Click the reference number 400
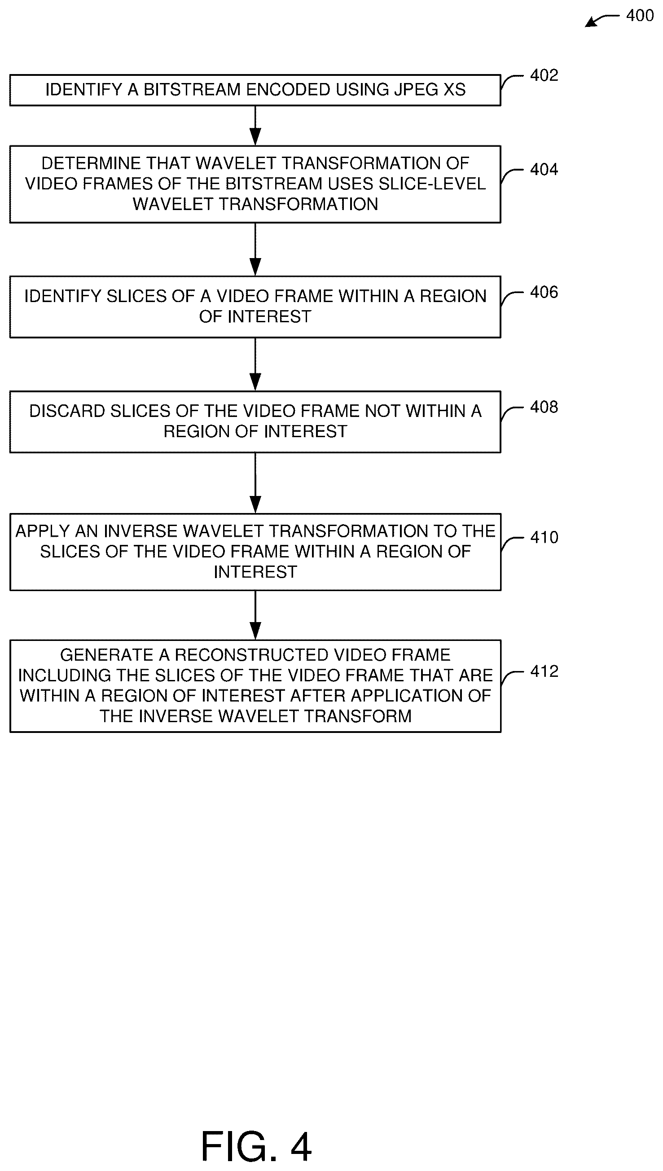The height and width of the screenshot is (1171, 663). [x=640, y=16]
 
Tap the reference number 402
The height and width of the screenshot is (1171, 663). [x=544, y=75]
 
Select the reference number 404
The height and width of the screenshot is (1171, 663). [x=544, y=170]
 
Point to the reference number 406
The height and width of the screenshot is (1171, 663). [x=544, y=292]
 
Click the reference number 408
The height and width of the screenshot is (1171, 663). [x=544, y=407]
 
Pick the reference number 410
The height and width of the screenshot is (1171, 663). [x=544, y=537]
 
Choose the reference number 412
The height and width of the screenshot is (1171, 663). [x=544, y=671]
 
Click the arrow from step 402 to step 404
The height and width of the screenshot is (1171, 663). [x=255, y=126]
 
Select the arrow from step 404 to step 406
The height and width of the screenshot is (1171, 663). [x=255, y=250]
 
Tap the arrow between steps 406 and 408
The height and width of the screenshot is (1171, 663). [x=255, y=364]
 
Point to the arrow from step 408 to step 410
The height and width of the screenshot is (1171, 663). [x=255, y=483]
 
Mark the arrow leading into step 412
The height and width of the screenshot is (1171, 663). [x=255, y=615]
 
